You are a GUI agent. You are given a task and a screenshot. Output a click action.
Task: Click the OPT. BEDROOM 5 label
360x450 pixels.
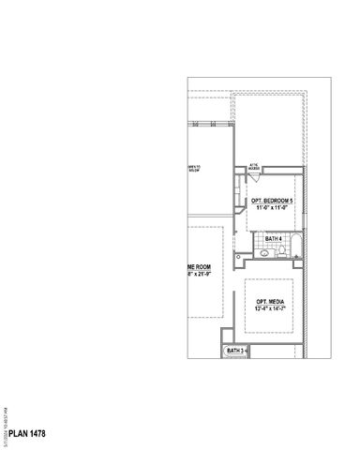272,201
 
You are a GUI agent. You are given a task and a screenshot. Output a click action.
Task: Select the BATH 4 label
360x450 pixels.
273,239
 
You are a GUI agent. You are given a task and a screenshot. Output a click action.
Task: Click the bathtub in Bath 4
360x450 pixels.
293,247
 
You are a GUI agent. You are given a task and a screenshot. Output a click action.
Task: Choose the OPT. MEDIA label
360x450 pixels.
271,301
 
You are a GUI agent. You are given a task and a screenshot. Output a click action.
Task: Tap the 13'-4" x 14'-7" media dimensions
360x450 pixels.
272,309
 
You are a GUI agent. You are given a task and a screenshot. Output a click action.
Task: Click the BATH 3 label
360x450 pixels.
236,351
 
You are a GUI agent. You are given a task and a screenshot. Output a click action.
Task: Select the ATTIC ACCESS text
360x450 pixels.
253,167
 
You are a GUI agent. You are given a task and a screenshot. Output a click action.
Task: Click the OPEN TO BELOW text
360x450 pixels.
194,169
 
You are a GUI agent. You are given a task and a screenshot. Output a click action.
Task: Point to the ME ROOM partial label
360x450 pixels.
199,267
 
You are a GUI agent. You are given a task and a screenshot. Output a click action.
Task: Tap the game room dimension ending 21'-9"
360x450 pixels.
199,276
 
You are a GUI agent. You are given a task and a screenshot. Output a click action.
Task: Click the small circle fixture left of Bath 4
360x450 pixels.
238,255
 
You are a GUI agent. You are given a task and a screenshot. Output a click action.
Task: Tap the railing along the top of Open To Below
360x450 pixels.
210,120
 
